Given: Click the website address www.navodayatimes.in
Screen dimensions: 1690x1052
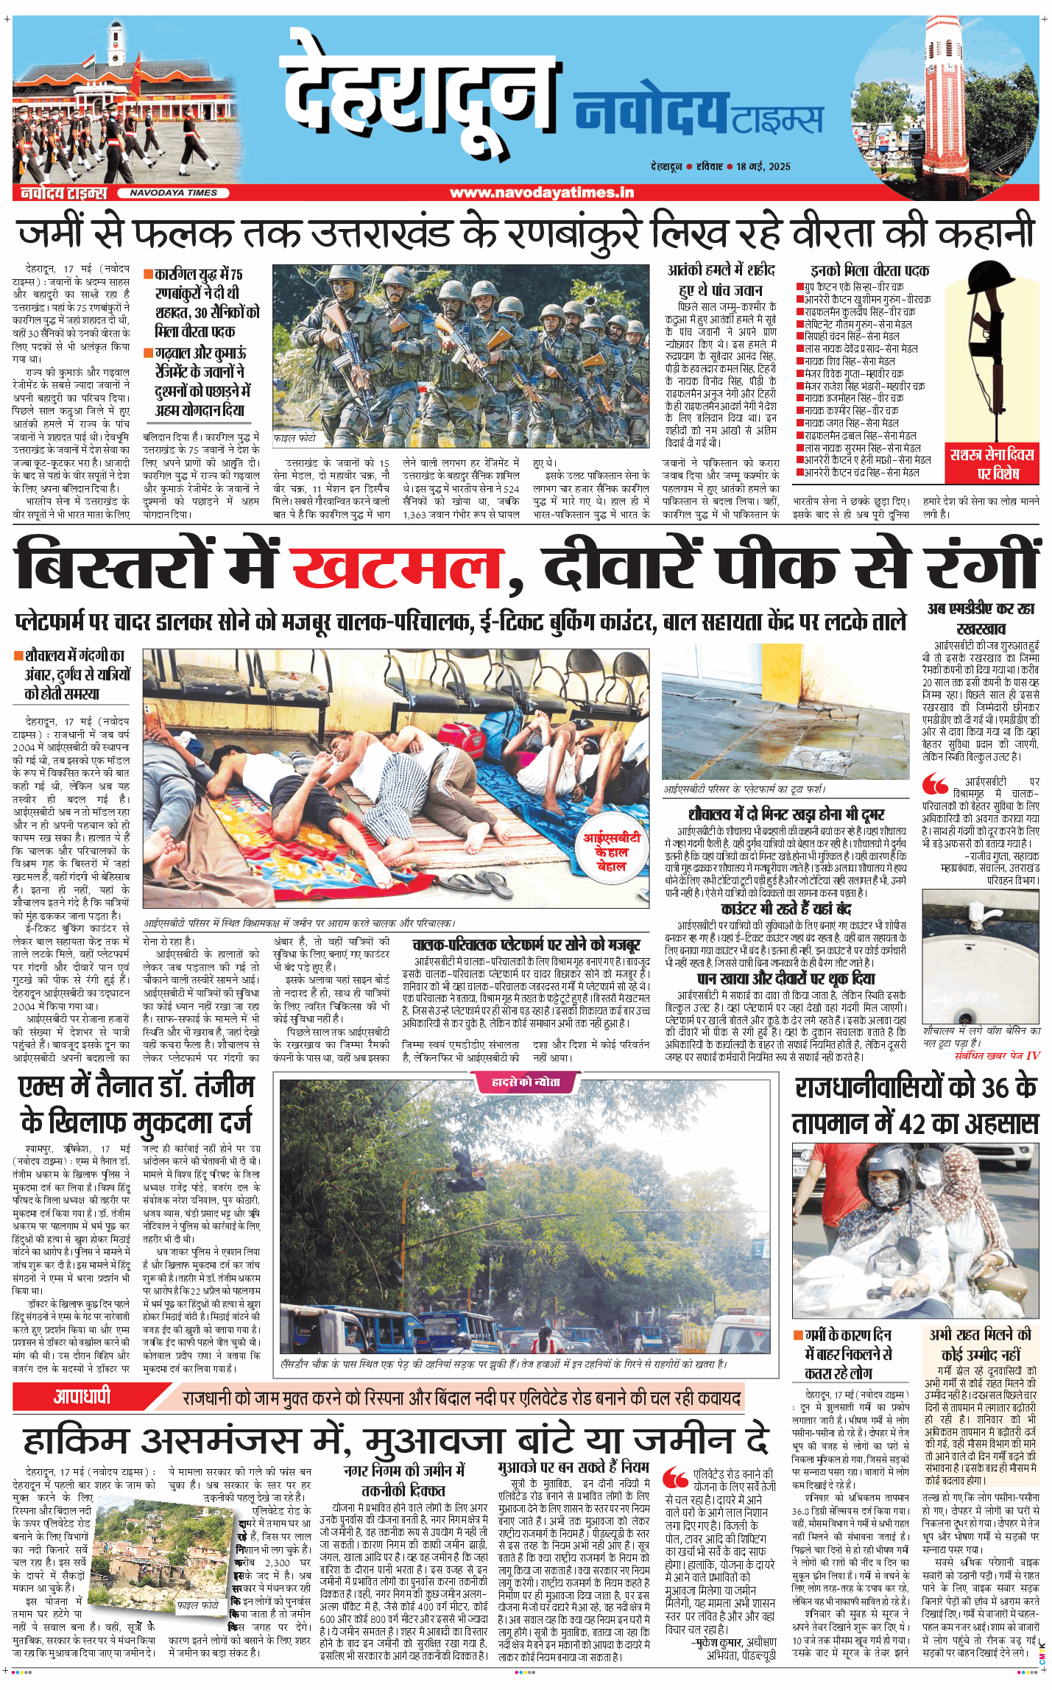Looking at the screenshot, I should [x=541, y=193].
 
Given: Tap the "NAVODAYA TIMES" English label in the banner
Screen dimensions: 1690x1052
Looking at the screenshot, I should [x=174, y=193].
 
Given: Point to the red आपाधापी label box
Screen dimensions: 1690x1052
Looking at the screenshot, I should [x=82, y=1395].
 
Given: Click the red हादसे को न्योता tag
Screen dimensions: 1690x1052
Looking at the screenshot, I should [x=526, y=1082].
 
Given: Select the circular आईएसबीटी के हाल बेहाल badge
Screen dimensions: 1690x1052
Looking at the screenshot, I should [x=611, y=852].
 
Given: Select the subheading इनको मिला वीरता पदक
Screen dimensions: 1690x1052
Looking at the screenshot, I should [x=869, y=270].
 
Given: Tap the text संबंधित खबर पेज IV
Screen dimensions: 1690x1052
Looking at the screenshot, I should [x=997, y=1055].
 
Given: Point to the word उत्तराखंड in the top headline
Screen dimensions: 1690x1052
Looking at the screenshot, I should [x=381, y=232].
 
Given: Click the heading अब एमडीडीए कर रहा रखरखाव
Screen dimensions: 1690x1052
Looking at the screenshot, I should [x=981, y=619].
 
